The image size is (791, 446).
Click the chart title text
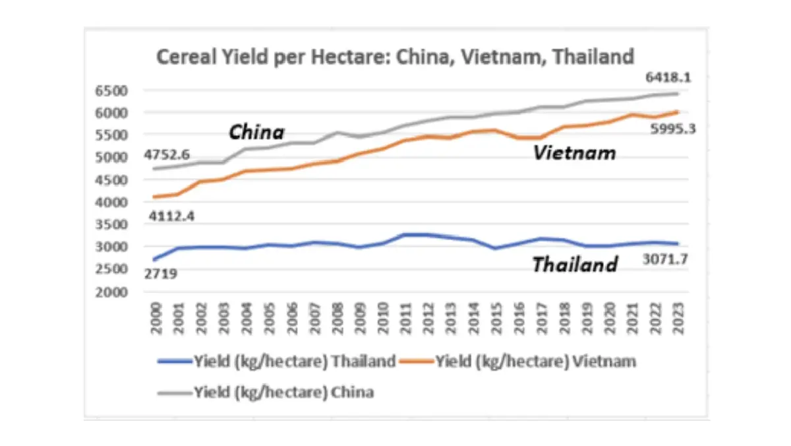click(x=395, y=56)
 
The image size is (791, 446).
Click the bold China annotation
click(x=256, y=133)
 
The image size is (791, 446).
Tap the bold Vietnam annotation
click(x=574, y=154)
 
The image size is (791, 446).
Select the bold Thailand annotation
click(x=575, y=265)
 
